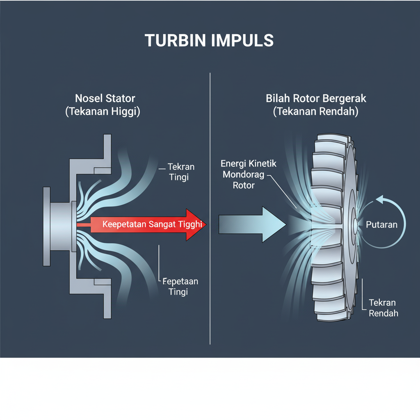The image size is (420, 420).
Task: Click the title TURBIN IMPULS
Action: pyautogui.click(x=209, y=41)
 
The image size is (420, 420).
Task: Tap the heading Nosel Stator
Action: pyautogui.click(x=105, y=98)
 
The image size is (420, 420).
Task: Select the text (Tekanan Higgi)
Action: pyautogui.click(x=103, y=112)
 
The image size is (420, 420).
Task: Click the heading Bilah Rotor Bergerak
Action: pyautogui.click(x=316, y=98)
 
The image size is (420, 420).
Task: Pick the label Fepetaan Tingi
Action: pyautogui.click(x=180, y=286)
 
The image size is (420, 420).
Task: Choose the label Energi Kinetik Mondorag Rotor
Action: pyautogui.click(x=249, y=174)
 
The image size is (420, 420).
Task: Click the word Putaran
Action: pyautogui.click(x=381, y=225)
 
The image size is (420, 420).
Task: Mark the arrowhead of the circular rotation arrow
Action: pyautogui.click(x=378, y=200)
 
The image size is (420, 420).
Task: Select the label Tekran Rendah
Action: pyautogui.click(x=383, y=308)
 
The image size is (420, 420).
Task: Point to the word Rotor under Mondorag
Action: pyautogui.click(x=244, y=185)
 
